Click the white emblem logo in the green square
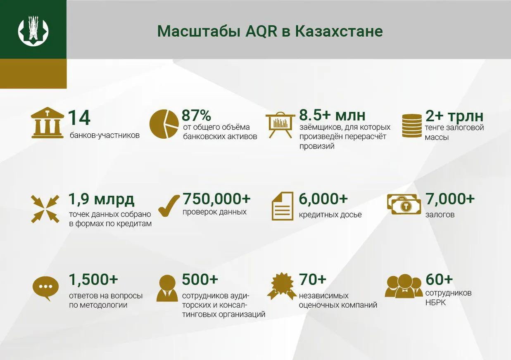pos(33,31)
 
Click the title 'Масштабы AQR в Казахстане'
pos(270,31)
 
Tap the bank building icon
pos(48,123)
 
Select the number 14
pos(79,118)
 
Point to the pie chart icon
pos(164,124)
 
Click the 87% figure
pos(196,115)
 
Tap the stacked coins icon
pos(412,125)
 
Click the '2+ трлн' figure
pos(454,116)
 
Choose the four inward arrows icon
pos(45,208)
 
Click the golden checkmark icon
pos(169,206)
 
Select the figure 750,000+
pos(216,199)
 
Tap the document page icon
pos(283,206)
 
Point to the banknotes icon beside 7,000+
pos(404,204)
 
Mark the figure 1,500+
pos(93,279)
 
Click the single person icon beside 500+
pos(167,288)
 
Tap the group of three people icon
pos(404,286)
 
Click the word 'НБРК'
pos(435,302)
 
